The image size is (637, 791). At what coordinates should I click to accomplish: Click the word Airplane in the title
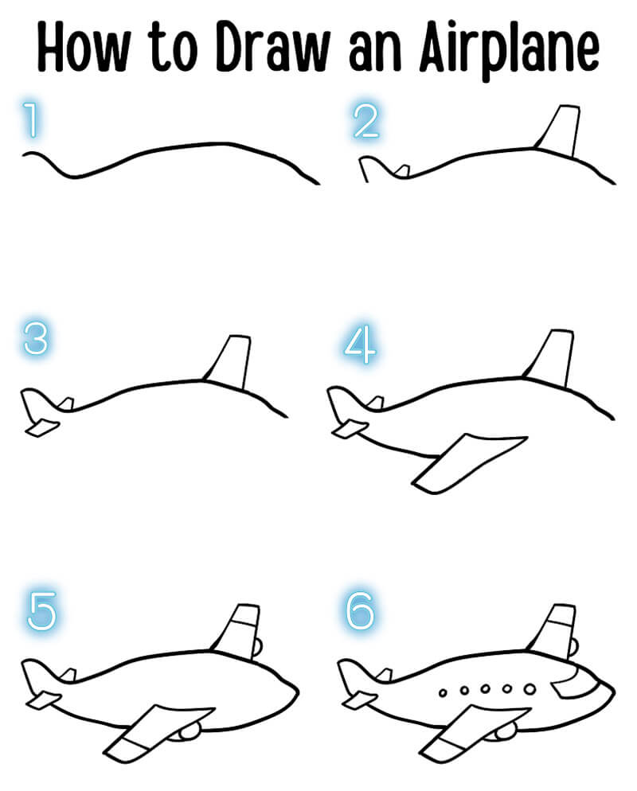click(509, 49)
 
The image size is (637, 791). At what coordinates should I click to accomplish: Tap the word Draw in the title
click(272, 48)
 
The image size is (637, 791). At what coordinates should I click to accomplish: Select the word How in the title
click(84, 48)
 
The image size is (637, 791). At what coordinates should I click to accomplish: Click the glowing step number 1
click(31, 119)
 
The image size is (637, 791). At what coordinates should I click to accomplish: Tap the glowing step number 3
click(36, 338)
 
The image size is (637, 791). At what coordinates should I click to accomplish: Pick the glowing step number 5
click(41, 611)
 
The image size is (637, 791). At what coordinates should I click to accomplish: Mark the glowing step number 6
click(361, 611)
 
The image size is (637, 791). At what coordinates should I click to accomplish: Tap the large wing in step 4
click(467, 462)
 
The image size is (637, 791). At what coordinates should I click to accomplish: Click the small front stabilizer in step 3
click(42, 428)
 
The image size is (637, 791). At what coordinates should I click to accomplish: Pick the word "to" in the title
click(173, 49)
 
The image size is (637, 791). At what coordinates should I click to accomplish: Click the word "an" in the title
click(374, 54)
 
